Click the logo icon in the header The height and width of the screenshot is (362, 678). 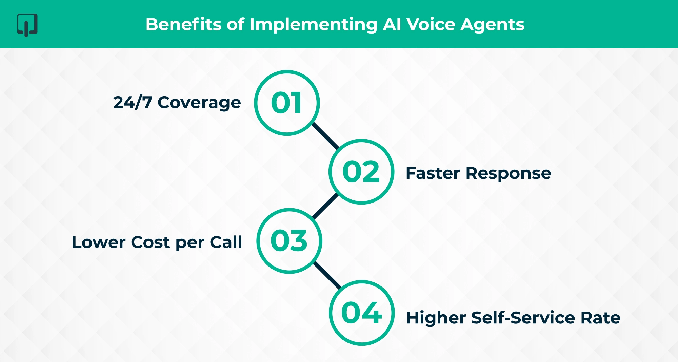pos(27,25)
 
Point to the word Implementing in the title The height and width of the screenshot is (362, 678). pos(313,25)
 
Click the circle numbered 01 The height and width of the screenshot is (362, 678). pos(287,103)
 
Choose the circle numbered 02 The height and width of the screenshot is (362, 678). pos(361,172)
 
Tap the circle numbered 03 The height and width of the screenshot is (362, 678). pos(289,241)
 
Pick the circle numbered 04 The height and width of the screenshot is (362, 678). pos(362,313)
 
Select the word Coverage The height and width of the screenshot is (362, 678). pos(199,103)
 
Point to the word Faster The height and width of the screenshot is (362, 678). pos(433,173)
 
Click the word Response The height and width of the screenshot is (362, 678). pos(508,174)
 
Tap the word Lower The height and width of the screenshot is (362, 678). pos(99,242)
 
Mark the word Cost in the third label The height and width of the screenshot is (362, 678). pos(150,242)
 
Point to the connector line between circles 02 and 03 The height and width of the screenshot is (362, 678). pos(325,206)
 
